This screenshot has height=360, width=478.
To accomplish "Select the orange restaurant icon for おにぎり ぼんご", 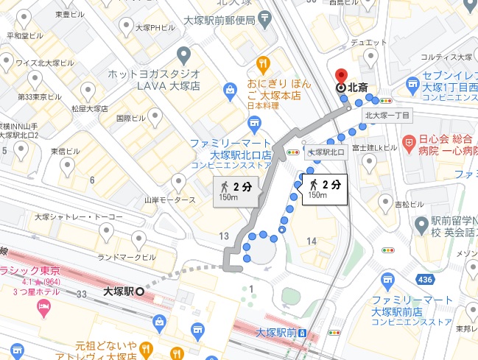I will pos(262,64).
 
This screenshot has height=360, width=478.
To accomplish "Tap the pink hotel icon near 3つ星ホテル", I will pos(43,306).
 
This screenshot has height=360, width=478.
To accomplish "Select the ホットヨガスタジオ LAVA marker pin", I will pos(184,54).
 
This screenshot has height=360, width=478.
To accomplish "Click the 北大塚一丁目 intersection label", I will pos(388,116).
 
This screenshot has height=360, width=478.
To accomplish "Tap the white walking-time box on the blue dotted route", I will pos(323,188).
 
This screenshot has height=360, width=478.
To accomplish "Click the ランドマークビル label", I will pos(127,257).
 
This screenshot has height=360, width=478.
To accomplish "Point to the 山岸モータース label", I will pos(169,200).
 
